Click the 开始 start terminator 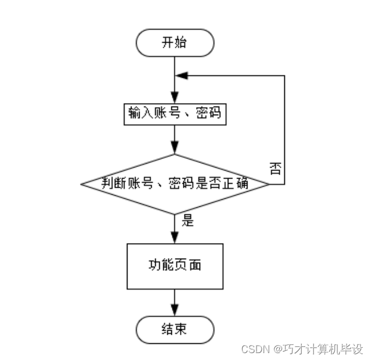coord(174,43)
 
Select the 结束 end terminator coord(174,329)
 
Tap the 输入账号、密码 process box coord(174,113)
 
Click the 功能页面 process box coord(174,266)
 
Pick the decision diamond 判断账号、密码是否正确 coord(174,184)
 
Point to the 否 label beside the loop coord(275,169)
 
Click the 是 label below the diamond coord(187,219)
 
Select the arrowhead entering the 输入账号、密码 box coord(174,98)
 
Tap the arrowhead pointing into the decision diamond coord(174,149)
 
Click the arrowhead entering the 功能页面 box coord(174,237)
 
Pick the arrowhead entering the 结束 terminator coord(174,311)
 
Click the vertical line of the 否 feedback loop coord(284,130)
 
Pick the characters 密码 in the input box coord(206,113)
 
